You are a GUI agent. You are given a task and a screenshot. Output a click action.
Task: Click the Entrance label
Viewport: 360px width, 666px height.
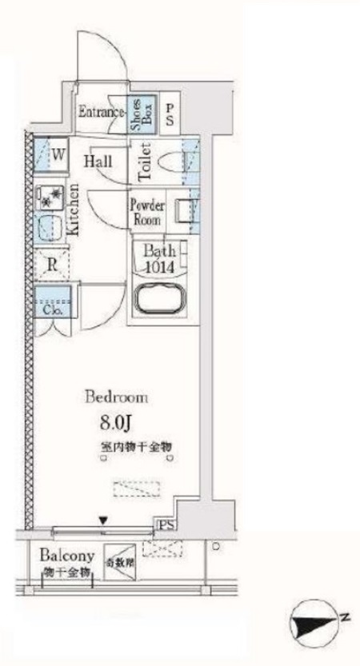[102, 113]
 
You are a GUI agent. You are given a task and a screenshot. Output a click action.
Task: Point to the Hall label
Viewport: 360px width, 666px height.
[103, 161]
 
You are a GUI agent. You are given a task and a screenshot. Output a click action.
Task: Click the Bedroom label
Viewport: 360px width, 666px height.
[118, 397]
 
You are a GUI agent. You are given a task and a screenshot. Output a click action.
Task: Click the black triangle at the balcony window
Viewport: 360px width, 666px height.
[102, 521]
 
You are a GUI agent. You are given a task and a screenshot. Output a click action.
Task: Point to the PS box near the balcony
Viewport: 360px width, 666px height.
[166, 525]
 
